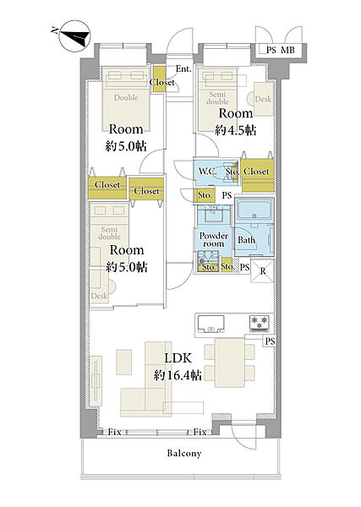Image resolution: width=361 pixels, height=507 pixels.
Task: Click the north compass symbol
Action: [x=74, y=36]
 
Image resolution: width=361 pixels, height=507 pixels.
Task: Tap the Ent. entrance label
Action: [x=183, y=69]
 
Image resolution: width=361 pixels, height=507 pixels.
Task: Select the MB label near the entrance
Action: [x=287, y=50]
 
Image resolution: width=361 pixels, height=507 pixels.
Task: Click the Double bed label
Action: [x=126, y=97]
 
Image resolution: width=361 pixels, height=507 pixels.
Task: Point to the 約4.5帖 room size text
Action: [x=236, y=130]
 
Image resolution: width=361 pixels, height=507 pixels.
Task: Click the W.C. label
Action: [x=207, y=171]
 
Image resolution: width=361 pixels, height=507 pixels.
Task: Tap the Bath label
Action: [x=247, y=240]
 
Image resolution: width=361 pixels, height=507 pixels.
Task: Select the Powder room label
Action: [x=214, y=240]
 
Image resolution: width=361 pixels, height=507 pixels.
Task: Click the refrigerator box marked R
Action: [x=262, y=271]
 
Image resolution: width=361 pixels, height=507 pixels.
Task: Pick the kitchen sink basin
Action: [x=211, y=324]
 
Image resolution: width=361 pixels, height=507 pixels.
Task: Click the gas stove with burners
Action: [x=260, y=323]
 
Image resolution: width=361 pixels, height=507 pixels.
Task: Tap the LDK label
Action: [x=178, y=358]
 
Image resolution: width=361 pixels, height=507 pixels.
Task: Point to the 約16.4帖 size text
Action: [x=178, y=375]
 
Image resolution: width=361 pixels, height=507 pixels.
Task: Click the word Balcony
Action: [x=184, y=453]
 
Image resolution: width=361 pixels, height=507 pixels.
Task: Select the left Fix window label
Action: [x=114, y=432]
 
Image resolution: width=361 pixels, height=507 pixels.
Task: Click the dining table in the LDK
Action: [x=230, y=363]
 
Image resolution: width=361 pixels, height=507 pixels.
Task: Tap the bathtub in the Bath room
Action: [x=254, y=211]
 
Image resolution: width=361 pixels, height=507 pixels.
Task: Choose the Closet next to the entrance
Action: [x=159, y=79]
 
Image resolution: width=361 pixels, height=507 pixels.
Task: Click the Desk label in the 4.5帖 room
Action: [x=263, y=99]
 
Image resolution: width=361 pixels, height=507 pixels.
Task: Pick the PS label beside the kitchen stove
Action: [x=270, y=341]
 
